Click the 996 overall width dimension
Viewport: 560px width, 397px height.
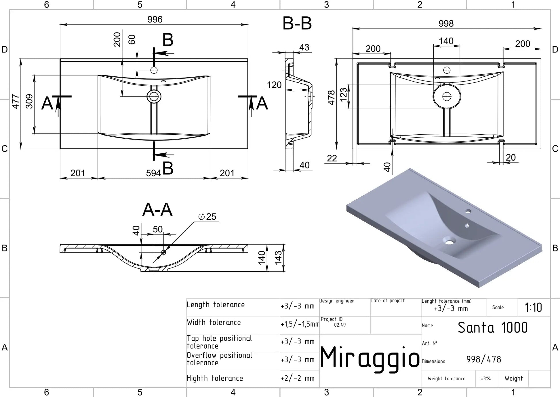tap(155, 19)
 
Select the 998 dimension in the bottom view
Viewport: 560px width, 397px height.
tap(446, 23)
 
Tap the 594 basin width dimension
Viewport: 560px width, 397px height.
tap(153, 173)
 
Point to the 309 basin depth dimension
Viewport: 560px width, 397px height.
tap(29, 101)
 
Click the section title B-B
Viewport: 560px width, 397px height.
tap(297, 23)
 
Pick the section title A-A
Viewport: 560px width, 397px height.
tap(157, 210)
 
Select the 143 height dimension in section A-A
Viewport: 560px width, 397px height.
tap(278, 258)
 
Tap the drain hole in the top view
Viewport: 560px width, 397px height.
tap(154, 97)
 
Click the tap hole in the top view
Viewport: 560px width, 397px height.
tap(154, 70)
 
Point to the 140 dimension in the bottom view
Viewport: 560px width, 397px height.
tap(446, 41)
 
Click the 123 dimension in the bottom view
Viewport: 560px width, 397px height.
tap(344, 95)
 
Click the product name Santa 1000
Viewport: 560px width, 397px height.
tap(493, 328)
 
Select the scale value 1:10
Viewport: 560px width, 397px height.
tap(533, 307)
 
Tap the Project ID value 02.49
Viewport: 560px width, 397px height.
tap(340, 325)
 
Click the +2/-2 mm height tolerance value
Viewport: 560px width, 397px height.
tap(298, 378)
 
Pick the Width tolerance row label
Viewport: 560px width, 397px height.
tap(214, 322)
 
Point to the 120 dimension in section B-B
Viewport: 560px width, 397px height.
tap(274, 85)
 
